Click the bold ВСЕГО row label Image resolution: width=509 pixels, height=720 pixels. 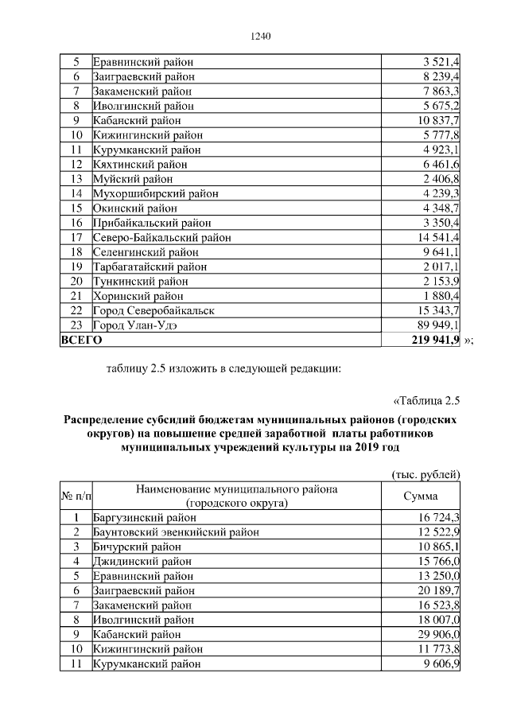(x=81, y=340)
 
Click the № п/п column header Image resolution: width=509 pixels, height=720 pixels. (x=76, y=496)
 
